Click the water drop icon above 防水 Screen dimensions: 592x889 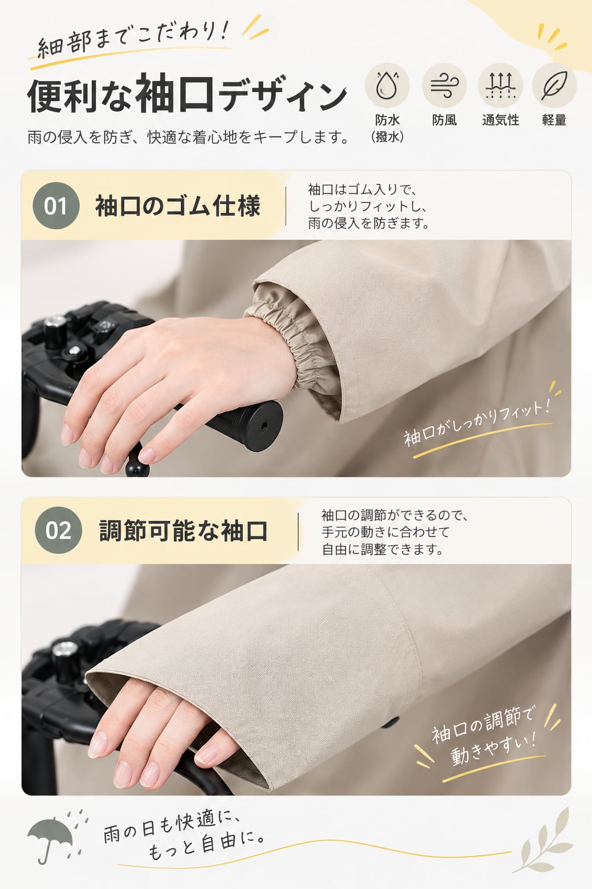pos(387,85)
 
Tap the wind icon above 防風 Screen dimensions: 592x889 pos(444,86)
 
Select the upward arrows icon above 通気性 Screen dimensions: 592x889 pos(501,85)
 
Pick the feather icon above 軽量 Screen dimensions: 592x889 pos(554,85)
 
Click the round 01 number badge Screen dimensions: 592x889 pos(56,205)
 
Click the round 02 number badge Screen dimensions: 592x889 pos(58,530)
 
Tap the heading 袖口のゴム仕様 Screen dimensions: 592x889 pos(177,205)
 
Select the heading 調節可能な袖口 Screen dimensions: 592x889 pos(183,530)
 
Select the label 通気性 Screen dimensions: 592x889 pos(501,120)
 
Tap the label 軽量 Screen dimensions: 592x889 pos(554,120)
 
